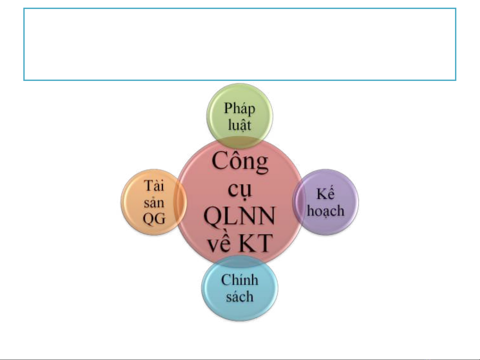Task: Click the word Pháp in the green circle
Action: (240, 109)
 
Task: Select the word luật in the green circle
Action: (240, 125)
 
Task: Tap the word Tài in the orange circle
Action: (154, 186)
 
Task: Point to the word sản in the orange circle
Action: (154, 202)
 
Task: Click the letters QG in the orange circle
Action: (154, 218)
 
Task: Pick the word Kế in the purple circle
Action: (325, 193)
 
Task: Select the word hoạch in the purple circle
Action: (325, 211)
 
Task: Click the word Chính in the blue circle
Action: (240, 280)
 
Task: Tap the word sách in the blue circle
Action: (240, 297)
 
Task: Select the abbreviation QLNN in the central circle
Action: (239, 216)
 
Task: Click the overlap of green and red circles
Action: (240, 143)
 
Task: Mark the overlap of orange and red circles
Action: (181, 202)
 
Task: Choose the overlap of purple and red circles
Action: (298, 202)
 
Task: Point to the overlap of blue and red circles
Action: (240, 261)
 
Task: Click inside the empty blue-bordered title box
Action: (240, 44)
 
